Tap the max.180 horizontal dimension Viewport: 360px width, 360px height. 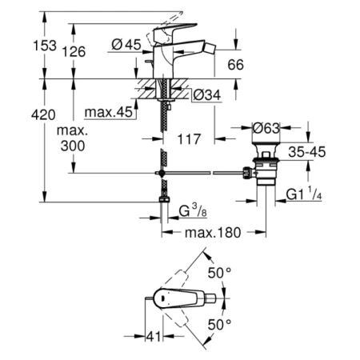click(x=214, y=233)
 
